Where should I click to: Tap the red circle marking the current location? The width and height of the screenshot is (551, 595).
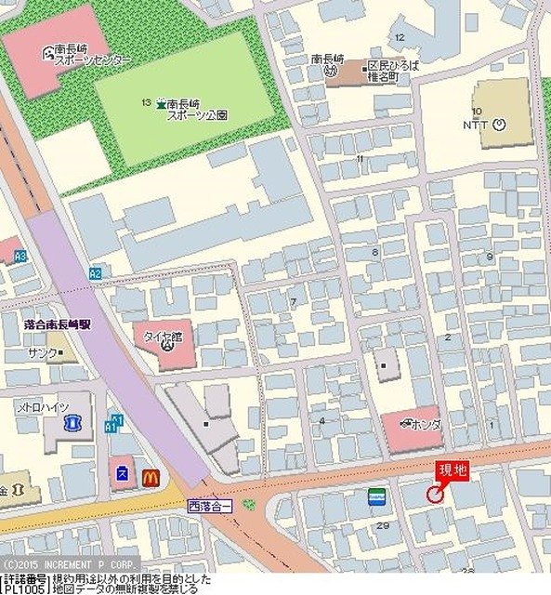click(x=435, y=496)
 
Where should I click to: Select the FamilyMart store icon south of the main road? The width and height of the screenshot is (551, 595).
click(x=376, y=497)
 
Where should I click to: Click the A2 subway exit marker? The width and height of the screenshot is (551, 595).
click(x=95, y=273)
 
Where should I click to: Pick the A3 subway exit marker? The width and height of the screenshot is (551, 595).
click(x=20, y=255)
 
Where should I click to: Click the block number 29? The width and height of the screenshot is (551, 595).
click(x=383, y=525)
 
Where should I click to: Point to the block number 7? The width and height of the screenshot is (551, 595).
click(x=294, y=302)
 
